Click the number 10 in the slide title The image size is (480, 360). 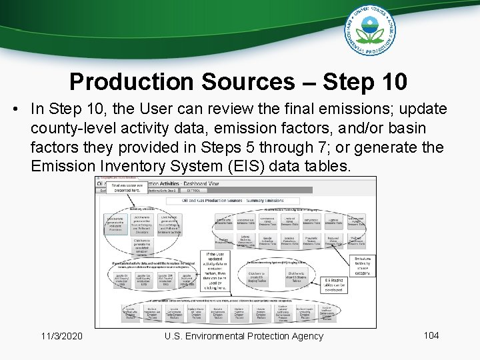[393, 81]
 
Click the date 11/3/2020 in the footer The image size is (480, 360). [61, 336]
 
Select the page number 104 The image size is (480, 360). [431, 335]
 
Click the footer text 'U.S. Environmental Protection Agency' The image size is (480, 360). [244, 336]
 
